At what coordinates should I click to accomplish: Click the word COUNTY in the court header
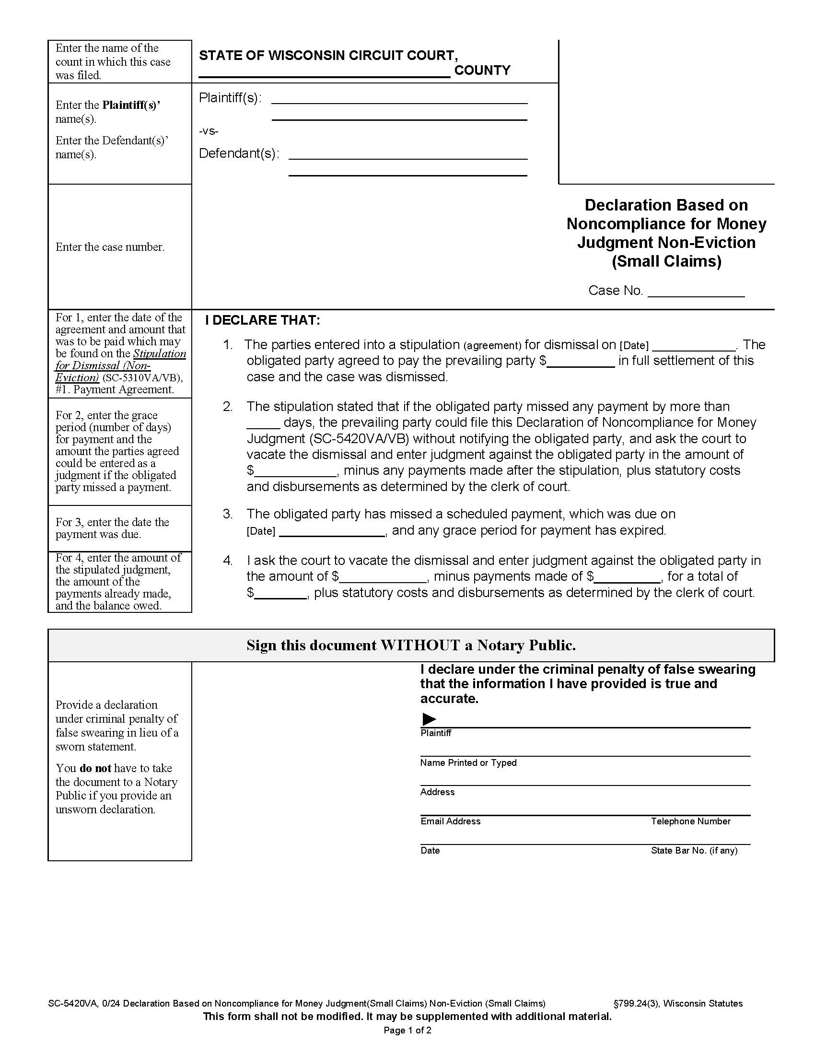482,70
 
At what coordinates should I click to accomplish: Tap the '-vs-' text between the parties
209,131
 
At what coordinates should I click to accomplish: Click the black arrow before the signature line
429,719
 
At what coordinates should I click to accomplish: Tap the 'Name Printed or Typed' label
468,763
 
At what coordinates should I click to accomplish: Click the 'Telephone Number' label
690,821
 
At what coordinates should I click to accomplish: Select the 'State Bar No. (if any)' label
694,851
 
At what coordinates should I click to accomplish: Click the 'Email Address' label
450,821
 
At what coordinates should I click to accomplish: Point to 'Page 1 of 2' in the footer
407,1031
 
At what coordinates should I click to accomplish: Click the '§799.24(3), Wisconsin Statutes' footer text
677,1003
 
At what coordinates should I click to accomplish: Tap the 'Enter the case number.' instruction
110,247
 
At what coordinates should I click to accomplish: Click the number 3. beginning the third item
227,514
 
